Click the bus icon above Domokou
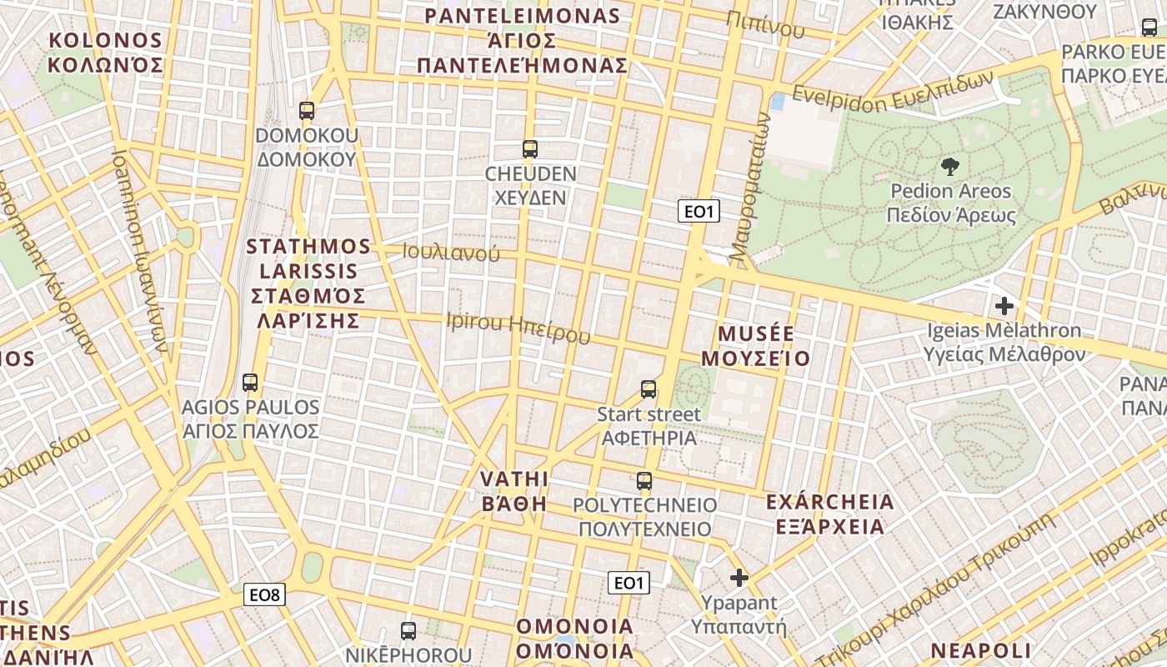coord(307,110)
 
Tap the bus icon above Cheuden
coord(529,149)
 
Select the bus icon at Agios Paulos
coord(250,383)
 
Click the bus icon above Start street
coord(649,389)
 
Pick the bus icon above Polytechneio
coord(644,481)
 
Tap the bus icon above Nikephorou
coord(408,630)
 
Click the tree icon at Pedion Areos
coord(949,167)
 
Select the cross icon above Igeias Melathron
coord(1004,305)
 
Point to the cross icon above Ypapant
coord(739,577)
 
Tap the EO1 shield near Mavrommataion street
coord(699,212)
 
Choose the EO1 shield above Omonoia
coord(629,582)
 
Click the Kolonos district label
coord(105,52)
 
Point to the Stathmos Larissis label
coord(308,283)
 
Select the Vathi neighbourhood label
coord(514,491)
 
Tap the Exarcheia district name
coord(829,514)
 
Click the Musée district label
coord(755,346)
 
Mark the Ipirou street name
coord(518,327)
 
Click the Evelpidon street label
coord(893,88)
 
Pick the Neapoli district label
coord(981,650)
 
